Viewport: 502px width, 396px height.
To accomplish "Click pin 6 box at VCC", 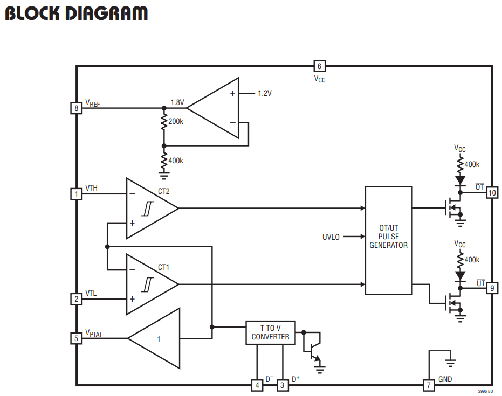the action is (x=319, y=66).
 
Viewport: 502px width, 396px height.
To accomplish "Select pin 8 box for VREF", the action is (x=76, y=108).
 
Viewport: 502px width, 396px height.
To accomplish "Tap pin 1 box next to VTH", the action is (x=76, y=194).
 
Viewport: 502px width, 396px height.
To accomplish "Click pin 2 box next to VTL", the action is (x=76, y=299).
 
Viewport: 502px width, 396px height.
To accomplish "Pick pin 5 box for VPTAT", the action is (x=76, y=338).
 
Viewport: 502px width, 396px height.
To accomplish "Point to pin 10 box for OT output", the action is (x=492, y=192).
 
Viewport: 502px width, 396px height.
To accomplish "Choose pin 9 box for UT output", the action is (x=492, y=288).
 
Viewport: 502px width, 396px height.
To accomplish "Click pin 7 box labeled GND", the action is (x=429, y=385).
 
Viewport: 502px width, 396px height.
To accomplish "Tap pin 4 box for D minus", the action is (x=257, y=385).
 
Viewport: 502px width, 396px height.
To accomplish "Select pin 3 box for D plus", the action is (x=282, y=385).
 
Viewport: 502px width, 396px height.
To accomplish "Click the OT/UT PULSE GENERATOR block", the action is (x=389, y=240).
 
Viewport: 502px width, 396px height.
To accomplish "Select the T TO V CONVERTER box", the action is (x=271, y=332).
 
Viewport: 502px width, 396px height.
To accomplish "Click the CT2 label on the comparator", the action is (x=163, y=191).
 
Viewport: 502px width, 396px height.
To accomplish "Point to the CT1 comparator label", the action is (x=163, y=267).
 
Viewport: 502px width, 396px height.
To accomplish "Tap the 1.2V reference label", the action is (x=265, y=93).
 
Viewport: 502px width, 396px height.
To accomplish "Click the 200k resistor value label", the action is (x=176, y=122).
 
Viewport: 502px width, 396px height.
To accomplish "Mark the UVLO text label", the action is (x=331, y=237).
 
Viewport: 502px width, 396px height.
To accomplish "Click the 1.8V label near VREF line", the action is (x=177, y=102).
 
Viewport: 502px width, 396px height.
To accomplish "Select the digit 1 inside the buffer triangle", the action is (x=159, y=339).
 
